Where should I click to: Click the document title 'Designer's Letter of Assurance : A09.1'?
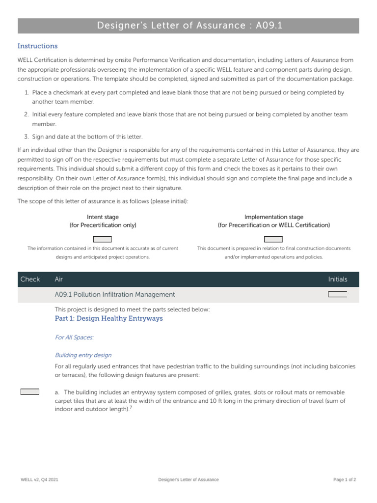pos(188,26)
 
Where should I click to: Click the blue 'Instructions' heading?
pos(37,46)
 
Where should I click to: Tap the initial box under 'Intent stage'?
pos(103,239)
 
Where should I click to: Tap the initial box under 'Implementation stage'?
pos(273,239)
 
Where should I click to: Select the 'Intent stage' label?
pos(103,217)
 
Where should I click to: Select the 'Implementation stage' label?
pos(273,217)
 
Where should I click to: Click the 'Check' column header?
pos(30,279)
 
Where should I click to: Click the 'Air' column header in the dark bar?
pos(59,279)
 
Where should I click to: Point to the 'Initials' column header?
pos(337,279)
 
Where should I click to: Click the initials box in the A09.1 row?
pos(337,294)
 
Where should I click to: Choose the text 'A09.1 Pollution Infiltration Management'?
pos(115,294)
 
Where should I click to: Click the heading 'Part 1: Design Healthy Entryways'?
pos(108,318)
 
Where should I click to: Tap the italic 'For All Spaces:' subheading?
pos(74,337)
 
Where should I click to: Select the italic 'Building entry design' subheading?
pos(83,355)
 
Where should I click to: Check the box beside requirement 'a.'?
pos(29,391)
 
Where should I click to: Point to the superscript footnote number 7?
pos(131,407)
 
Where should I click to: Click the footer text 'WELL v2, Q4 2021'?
pos(39,479)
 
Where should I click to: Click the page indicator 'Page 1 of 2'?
pos(345,479)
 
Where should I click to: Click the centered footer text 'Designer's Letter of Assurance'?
pos(188,479)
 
